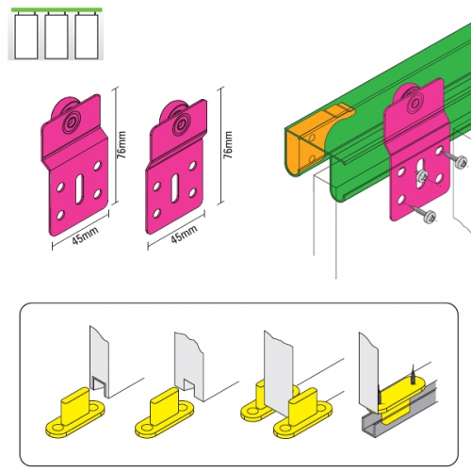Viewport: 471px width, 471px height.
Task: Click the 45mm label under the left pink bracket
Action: pyautogui.click(x=85, y=235)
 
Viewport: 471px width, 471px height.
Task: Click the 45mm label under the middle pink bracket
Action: pyautogui.click(x=184, y=234)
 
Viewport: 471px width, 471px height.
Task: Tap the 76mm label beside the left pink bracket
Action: pyautogui.click(x=121, y=145)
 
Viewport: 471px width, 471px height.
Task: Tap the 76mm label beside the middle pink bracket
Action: pyautogui.click(x=227, y=145)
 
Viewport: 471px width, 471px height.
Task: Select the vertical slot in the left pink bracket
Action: pyautogui.click(x=79, y=188)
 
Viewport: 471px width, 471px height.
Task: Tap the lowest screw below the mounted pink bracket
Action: pyautogui.click(x=424, y=214)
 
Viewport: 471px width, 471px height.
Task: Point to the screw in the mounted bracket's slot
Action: pyautogui.click(x=421, y=177)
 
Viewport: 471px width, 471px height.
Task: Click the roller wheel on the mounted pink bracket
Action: pyautogui.click(x=412, y=100)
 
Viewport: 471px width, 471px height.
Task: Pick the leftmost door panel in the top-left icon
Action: pyautogui.click(x=26, y=36)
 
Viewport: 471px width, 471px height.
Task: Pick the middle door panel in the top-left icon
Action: pyautogui.click(x=57, y=36)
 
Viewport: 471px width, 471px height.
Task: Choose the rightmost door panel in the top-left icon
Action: pyautogui.click(x=87, y=36)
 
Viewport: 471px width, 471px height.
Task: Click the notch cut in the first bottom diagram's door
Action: pyautogui.click(x=100, y=385)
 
